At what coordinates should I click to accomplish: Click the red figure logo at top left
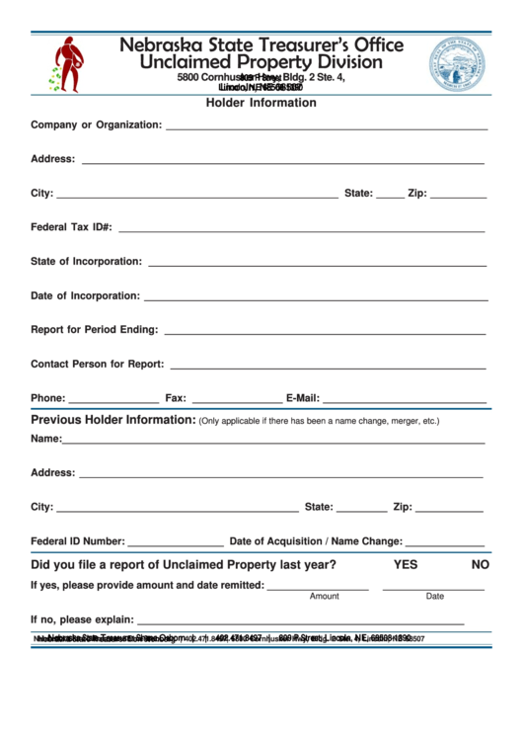click(67, 63)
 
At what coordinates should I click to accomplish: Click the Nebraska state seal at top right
click(456, 63)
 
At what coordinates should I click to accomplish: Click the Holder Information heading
click(261, 103)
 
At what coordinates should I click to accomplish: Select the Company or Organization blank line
click(326, 129)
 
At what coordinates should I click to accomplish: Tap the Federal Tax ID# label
click(71, 227)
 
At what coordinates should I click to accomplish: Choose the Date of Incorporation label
click(85, 295)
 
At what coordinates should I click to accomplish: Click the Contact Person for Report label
click(97, 364)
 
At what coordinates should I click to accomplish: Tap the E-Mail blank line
click(405, 403)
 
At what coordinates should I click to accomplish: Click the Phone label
click(47, 398)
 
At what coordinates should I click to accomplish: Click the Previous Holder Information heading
click(113, 420)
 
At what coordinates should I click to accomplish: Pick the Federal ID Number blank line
click(176, 546)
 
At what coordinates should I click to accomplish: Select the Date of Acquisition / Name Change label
click(316, 541)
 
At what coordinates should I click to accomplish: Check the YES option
click(406, 565)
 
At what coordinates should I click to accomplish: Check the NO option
click(481, 565)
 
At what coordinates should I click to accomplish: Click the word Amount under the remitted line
click(324, 597)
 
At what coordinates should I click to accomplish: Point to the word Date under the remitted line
click(435, 597)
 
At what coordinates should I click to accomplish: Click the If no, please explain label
click(82, 619)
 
